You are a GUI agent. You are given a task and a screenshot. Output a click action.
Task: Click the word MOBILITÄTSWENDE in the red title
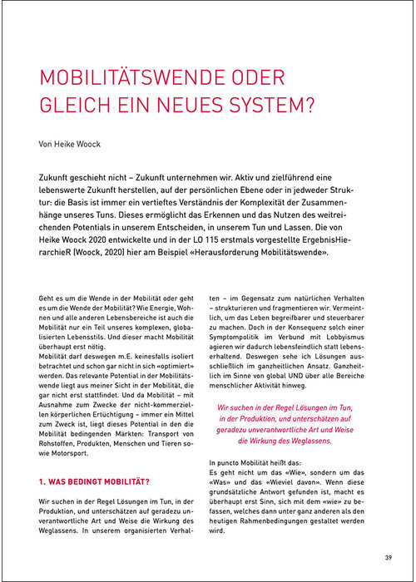point(123,81)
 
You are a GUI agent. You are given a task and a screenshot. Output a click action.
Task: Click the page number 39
point(389,556)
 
